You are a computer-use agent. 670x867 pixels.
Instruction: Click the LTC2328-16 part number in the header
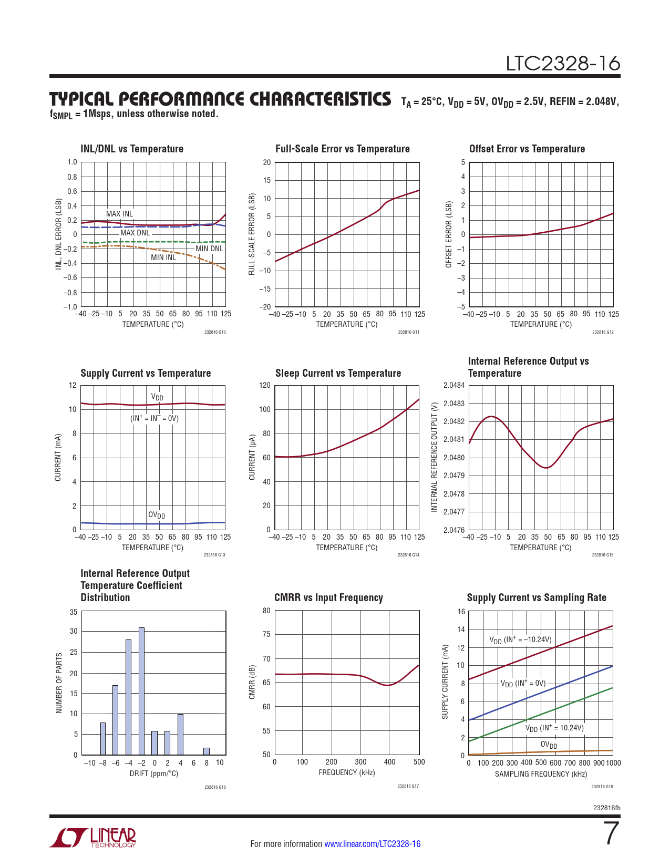coord(563,64)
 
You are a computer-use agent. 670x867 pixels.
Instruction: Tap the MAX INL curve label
coord(119,214)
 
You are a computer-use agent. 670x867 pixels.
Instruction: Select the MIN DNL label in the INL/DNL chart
coord(209,249)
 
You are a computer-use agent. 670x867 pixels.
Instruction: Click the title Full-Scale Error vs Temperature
coord(342,149)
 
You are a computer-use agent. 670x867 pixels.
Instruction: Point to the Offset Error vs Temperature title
coord(527,149)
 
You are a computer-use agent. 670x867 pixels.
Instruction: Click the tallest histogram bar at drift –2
coord(141,691)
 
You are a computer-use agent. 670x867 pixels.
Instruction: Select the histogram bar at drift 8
coord(207,751)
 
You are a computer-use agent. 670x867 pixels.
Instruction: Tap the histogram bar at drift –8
coord(103,738)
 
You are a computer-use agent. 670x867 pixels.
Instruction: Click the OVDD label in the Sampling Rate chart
coord(549,745)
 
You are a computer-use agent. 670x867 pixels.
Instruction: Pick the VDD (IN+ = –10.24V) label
coord(520,640)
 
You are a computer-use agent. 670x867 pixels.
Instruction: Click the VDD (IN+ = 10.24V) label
coord(554,728)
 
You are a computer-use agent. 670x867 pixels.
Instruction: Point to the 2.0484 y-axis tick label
coord(454,386)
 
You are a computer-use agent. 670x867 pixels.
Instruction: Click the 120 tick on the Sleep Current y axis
coord(265,386)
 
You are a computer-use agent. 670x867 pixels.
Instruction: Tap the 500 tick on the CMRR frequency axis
coord(419,762)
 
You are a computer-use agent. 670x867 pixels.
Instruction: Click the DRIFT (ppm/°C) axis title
coord(154,773)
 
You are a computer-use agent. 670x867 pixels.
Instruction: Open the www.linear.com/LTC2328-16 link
coord(372,844)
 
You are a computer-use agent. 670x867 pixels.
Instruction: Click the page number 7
coord(611,833)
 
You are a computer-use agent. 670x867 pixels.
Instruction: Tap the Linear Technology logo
coord(93,838)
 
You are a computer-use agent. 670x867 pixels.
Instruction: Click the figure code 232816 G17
coord(408,786)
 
